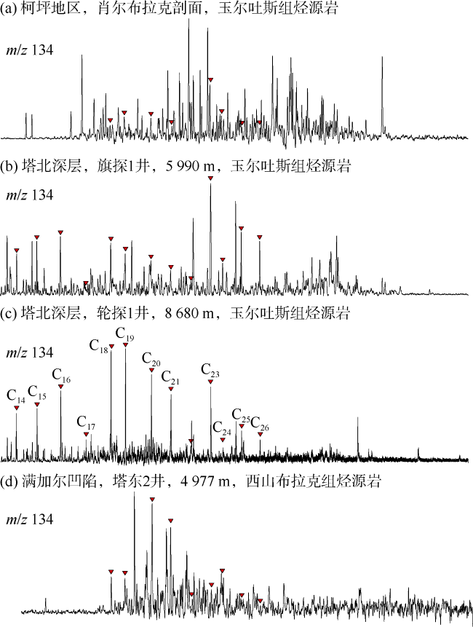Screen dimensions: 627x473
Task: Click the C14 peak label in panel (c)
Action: (16, 395)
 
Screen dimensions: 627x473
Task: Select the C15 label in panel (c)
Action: (37, 393)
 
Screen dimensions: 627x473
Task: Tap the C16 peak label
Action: (61, 376)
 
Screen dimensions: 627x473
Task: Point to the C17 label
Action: (86, 423)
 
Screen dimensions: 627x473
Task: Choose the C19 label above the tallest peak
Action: (125, 334)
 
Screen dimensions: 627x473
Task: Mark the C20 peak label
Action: (151, 360)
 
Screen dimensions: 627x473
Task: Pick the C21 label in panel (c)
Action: (170, 378)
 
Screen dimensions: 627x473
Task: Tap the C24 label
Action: (222, 429)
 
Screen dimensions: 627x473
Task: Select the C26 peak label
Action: (260, 424)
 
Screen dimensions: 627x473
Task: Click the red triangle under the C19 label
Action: (125, 344)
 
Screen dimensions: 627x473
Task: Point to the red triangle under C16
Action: (61, 386)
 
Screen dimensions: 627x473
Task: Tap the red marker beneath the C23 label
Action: (210, 380)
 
